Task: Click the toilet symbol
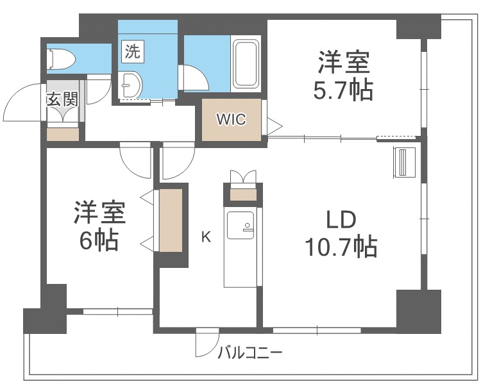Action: (x=61, y=58)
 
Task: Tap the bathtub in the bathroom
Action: (x=246, y=63)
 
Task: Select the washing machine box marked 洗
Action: (x=133, y=51)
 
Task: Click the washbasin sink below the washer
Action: (x=131, y=84)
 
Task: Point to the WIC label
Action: (x=231, y=119)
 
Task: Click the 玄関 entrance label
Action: (x=62, y=99)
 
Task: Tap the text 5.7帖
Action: (x=343, y=90)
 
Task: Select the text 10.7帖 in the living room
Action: (x=341, y=246)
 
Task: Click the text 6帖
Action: (x=99, y=241)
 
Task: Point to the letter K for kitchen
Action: (x=206, y=237)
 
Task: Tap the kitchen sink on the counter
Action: (x=240, y=225)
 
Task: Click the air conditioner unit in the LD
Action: (x=404, y=162)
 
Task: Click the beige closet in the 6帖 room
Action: (x=171, y=220)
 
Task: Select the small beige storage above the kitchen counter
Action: (x=243, y=194)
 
